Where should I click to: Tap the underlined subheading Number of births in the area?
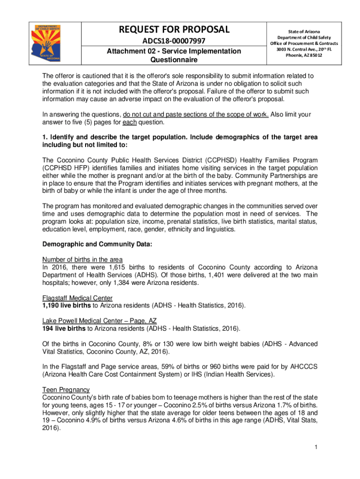pos(83,260)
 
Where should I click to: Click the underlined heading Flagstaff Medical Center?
pos(78,298)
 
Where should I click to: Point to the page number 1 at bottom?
pos(316,448)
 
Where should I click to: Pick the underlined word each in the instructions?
pos(128,123)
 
